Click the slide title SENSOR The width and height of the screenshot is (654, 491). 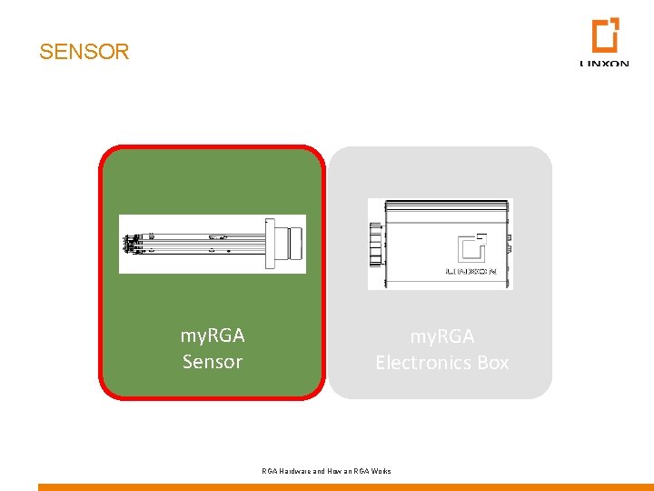[84, 52]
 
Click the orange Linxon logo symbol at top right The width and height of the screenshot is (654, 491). [605, 35]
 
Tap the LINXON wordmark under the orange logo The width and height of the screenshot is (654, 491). [604, 64]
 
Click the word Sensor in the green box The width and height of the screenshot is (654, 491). [213, 362]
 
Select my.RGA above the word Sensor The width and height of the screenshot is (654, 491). [213, 336]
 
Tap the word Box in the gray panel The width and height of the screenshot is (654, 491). [493, 363]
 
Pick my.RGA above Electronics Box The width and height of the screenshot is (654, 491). [442, 336]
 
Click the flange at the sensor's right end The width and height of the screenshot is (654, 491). [270, 243]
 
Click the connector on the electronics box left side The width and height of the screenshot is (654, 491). [373, 244]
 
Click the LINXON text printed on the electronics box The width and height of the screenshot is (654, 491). [469, 271]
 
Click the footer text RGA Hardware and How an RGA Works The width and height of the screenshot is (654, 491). [326, 471]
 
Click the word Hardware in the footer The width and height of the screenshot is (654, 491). [296, 471]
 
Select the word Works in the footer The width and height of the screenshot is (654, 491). [381, 471]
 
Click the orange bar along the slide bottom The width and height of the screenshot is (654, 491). [345, 486]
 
